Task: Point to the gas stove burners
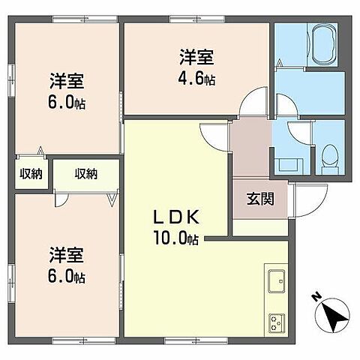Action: pyautogui.click(x=274, y=323)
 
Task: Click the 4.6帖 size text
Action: pyautogui.click(x=196, y=78)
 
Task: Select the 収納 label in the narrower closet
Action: pyautogui.click(x=31, y=174)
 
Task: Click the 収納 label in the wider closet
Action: pyautogui.click(x=85, y=174)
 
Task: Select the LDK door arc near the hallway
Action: pyautogui.click(x=214, y=135)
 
